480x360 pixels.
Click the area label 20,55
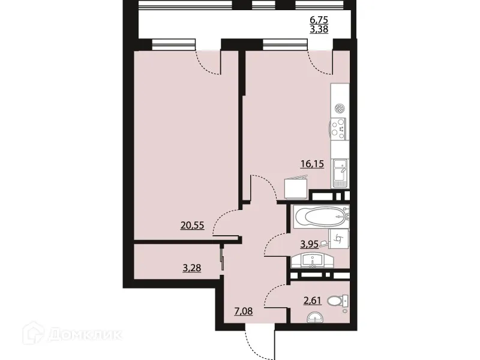click(192, 226)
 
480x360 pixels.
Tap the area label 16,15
click(312, 163)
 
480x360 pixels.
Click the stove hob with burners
click(339, 127)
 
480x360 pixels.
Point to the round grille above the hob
click(340, 109)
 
